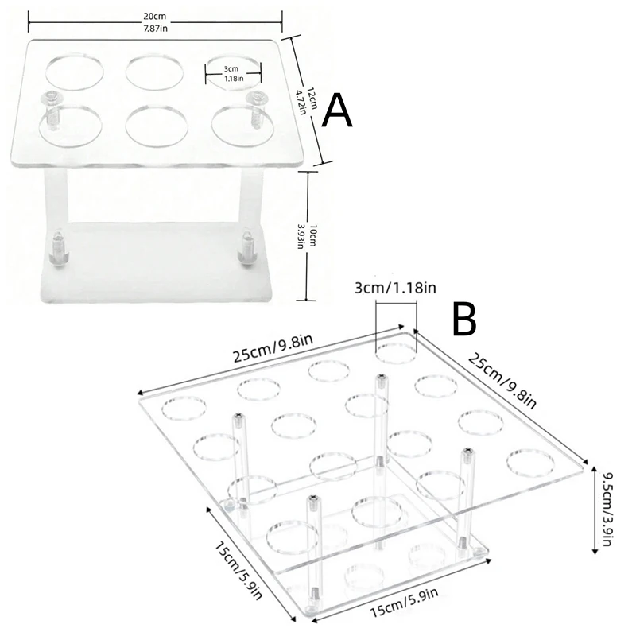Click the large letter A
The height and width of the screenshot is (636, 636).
click(x=336, y=110)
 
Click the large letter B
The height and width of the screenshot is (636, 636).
click(x=464, y=320)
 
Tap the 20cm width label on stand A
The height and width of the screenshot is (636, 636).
click(x=155, y=22)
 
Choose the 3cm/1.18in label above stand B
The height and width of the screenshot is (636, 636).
click(x=395, y=288)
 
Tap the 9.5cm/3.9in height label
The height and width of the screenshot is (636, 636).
click(x=607, y=510)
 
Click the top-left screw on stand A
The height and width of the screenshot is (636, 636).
click(x=51, y=110)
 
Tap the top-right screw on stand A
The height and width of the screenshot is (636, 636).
click(x=256, y=110)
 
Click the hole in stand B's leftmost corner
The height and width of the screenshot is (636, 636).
click(x=184, y=408)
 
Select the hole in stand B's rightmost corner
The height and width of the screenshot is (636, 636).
click(x=530, y=463)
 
